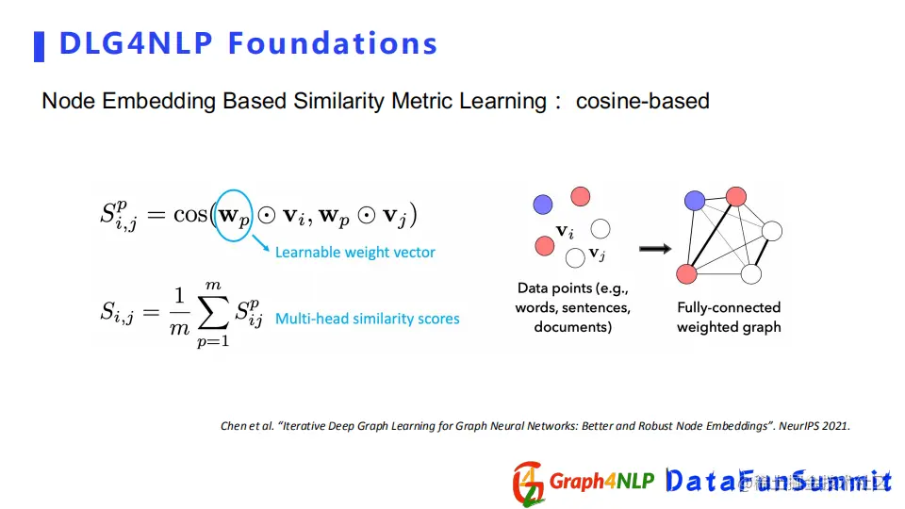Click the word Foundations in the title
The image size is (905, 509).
pos(333,43)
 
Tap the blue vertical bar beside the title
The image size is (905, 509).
pos(40,46)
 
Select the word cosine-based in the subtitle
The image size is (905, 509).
pos(642,101)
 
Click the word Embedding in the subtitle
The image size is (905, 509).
pos(161,101)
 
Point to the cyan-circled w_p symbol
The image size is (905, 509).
pos(234,215)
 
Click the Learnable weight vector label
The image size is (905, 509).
pos(355,253)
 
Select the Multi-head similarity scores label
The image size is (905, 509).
pos(367,319)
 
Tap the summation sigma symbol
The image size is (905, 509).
pos(213,313)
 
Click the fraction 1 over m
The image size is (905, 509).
pos(179,312)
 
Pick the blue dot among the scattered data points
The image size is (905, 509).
pos(543,205)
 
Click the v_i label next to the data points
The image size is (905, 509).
pos(565,232)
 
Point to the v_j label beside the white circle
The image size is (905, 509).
pos(597,254)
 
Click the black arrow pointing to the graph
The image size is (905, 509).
pos(655,249)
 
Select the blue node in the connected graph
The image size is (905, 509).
pos(695,200)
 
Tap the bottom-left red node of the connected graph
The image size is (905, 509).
pos(686,273)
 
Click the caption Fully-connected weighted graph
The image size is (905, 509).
pos(729,317)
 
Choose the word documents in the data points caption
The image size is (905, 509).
pos(572,327)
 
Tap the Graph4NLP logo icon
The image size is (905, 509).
pos(528,484)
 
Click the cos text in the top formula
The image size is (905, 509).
pos(189,215)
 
